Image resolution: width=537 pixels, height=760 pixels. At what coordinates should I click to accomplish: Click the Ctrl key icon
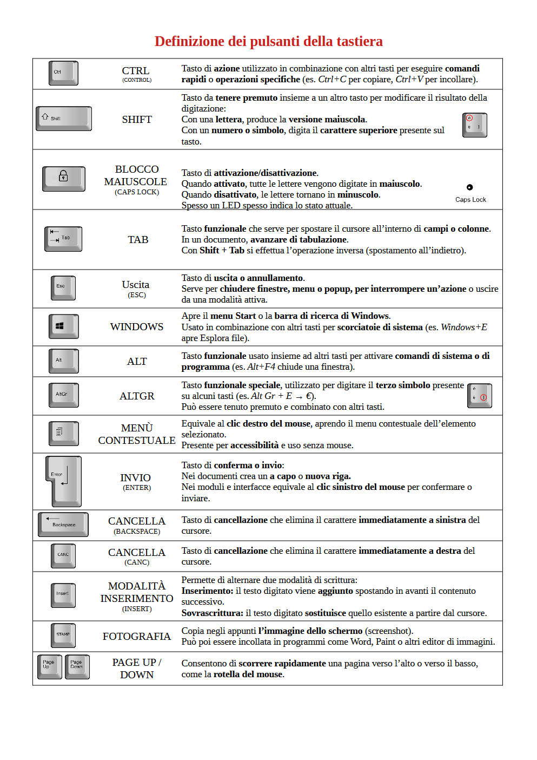click(x=63, y=73)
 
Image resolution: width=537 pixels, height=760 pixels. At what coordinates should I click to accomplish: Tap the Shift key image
click(x=64, y=119)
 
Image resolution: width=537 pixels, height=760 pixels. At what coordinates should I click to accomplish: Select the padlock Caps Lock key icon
click(x=64, y=179)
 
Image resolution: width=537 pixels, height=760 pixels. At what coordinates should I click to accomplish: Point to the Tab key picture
click(x=63, y=239)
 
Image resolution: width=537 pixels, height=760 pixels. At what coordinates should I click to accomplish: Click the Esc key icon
click(x=63, y=287)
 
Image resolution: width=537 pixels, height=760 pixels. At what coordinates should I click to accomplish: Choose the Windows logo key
click(x=63, y=326)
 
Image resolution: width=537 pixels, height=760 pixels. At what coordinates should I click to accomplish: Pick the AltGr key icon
click(x=63, y=395)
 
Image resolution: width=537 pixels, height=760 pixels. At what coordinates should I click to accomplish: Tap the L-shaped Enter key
click(x=64, y=481)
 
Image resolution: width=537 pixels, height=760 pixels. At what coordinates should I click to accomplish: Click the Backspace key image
click(x=63, y=525)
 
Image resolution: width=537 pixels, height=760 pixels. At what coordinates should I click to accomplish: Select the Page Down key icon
click(x=77, y=666)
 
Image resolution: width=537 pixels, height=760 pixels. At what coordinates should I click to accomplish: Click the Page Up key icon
click(x=50, y=666)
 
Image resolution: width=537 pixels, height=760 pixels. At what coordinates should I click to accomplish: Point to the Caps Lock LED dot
click(x=469, y=187)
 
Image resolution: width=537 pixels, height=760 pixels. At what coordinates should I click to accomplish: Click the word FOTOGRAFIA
click(x=137, y=636)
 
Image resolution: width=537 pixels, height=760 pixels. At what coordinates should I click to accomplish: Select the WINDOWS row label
click(x=137, y=326)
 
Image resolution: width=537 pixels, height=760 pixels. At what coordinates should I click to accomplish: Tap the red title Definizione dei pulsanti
click(x=268, y=41)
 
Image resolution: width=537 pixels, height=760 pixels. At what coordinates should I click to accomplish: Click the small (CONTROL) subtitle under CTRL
click(x=137, y=80)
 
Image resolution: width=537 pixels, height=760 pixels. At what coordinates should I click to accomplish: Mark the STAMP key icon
click(x=63, y=635)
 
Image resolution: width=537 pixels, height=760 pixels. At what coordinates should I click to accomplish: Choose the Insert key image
click(x=63, y=595)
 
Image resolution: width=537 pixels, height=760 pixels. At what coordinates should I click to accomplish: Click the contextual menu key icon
click(x=63, y=434)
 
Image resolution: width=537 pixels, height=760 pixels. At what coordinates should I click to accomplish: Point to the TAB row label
click(x=138, y=239)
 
